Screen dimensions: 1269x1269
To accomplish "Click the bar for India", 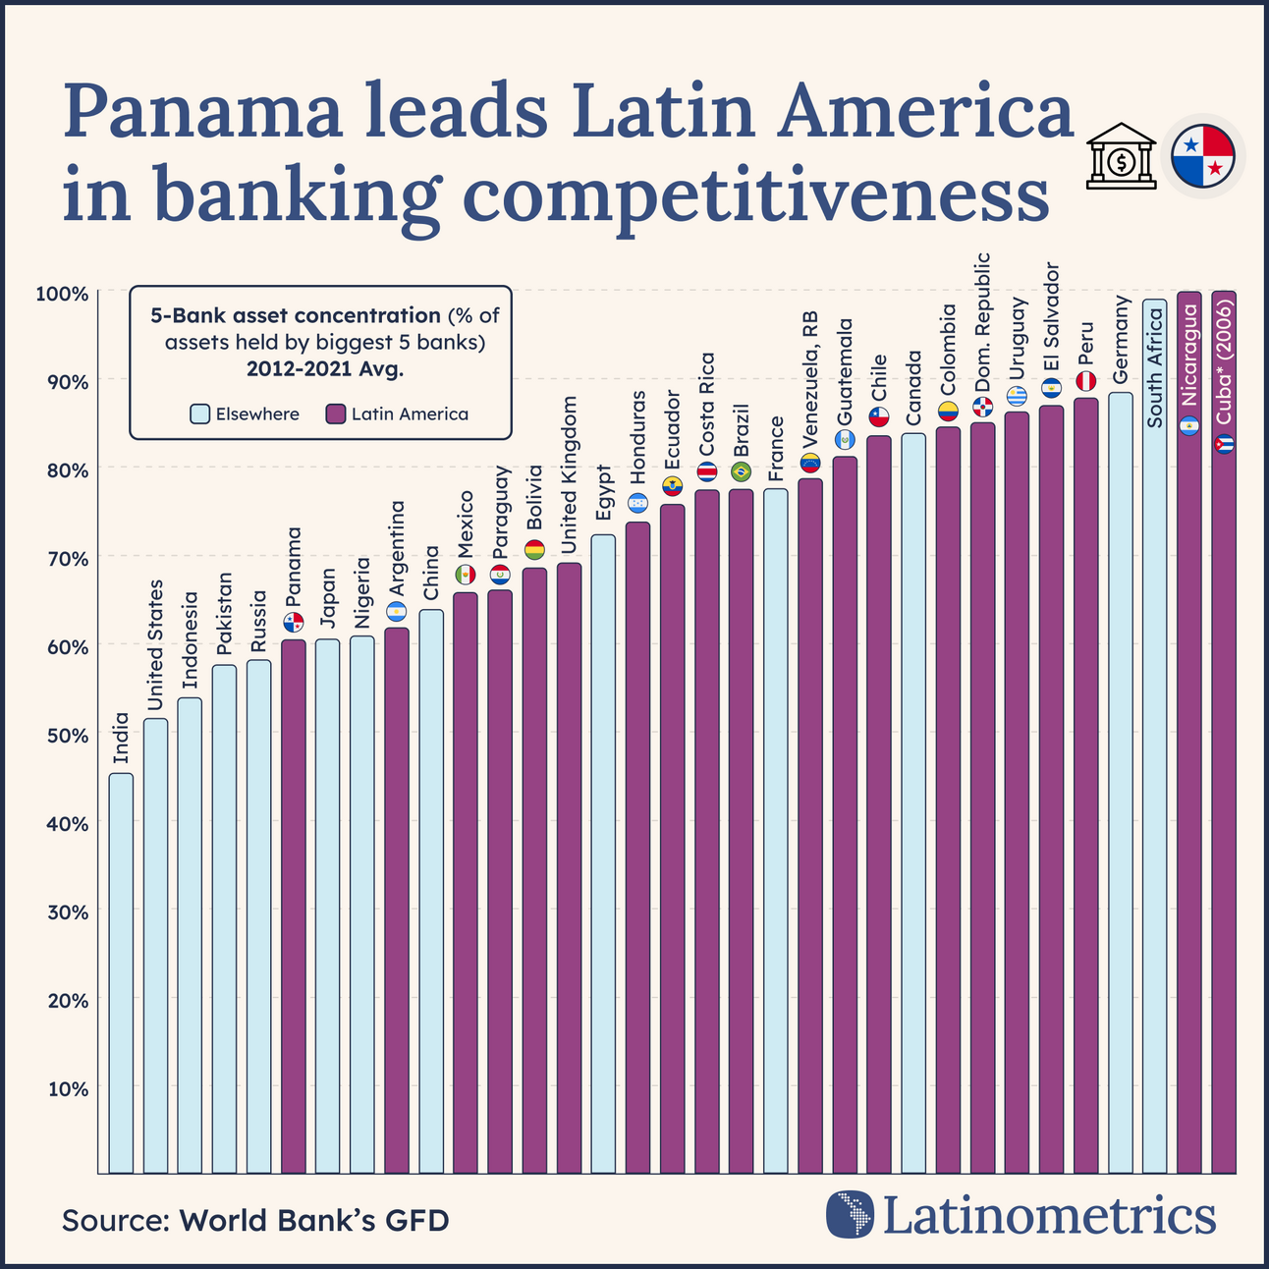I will [121, 972].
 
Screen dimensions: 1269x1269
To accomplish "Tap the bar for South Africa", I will [1155, 737].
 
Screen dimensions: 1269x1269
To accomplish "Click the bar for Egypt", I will [603, 854].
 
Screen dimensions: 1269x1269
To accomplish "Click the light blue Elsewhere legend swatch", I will [200, 414].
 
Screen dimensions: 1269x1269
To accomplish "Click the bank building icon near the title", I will [1120, 156].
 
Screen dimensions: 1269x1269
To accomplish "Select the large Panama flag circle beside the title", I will [1202, 156].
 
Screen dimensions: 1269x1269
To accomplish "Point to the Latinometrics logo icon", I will [850, 1214].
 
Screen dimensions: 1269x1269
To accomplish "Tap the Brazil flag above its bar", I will [742, 471].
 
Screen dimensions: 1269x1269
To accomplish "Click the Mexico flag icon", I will [466, 575].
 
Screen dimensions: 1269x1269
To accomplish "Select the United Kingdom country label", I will [570, 474].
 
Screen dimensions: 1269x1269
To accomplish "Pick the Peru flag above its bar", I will [1086, 380].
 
